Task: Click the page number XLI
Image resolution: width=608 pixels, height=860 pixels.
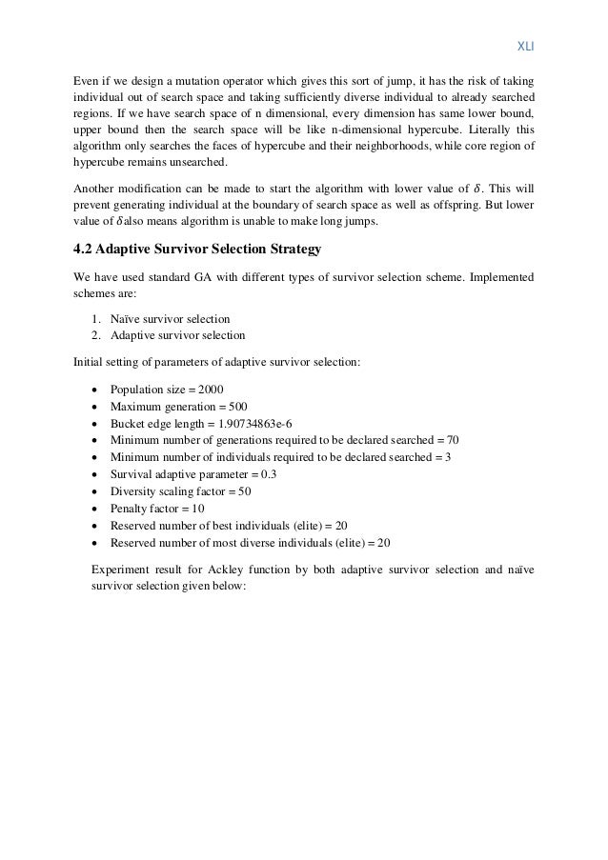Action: pos(524,44)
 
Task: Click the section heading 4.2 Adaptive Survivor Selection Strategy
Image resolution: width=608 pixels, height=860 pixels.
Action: pos(199,251)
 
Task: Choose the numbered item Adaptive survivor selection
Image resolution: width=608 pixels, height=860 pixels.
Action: pos(177,335)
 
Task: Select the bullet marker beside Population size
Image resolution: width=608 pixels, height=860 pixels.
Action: pos(96,390)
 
